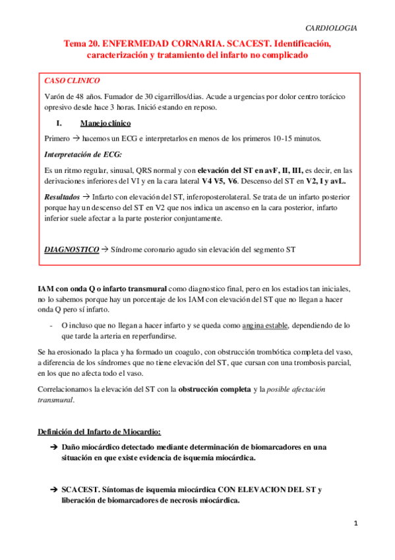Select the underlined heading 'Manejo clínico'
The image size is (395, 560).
[x=105, y=123]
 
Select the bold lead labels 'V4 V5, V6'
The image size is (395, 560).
[x=222, y=180]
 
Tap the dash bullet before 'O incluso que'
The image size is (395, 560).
[x=51, y=326]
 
